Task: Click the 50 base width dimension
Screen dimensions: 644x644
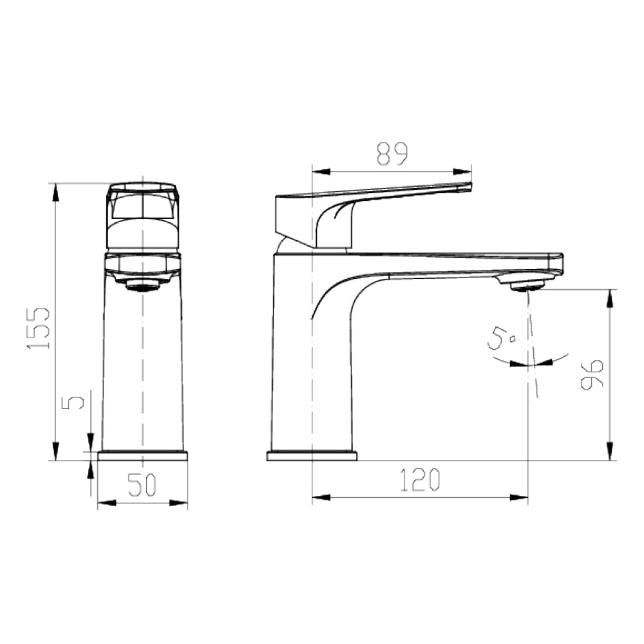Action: tap(142, 485)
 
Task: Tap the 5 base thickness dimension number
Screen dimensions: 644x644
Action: tap(76, 402)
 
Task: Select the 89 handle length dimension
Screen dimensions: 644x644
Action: tap(392, 154)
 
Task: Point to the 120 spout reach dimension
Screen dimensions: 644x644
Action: tap(420, 480)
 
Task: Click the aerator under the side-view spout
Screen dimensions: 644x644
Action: tap(527, 284)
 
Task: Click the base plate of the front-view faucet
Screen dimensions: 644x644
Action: tap(142, 455)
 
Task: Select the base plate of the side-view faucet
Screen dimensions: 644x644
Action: tap(312, 456)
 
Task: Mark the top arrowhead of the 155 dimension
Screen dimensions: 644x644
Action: tap(56, 191)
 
